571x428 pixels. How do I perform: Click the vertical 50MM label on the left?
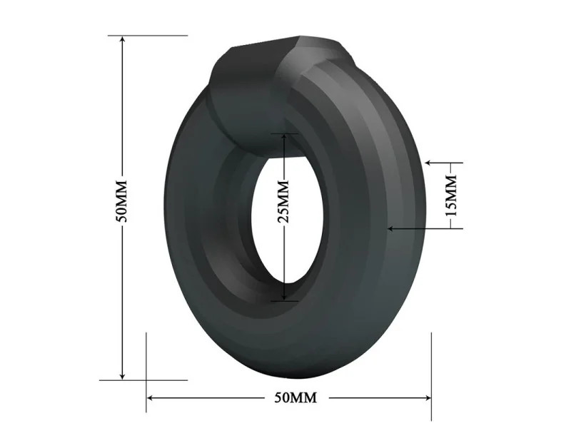pyautogui.click(x=122, y=204)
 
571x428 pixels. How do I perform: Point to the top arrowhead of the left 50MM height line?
pyautogui.click(x=122, y=40)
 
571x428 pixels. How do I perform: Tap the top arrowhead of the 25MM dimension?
pyautogui.click(x=283, y=137)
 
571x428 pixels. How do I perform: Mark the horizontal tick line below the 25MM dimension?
pyautogui.click(x=283, y=301)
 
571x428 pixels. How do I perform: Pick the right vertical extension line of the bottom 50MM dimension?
pyautogui.click(x=431, y=371)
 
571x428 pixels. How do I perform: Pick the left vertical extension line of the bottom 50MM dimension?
pyautogui.click(x=146, y=371)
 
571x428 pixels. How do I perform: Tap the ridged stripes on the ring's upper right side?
pyautogui.click(x=357, y=114)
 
